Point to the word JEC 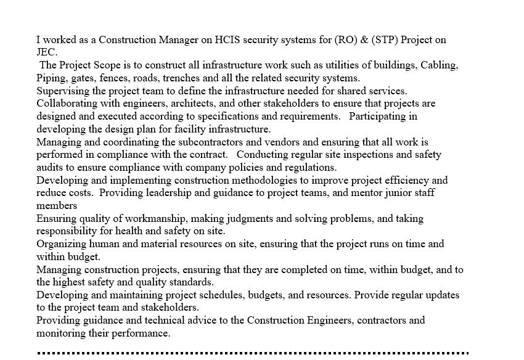coord(46,52)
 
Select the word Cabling coord(438,65)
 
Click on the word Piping coord(51,78)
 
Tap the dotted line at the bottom coord(253,353)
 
